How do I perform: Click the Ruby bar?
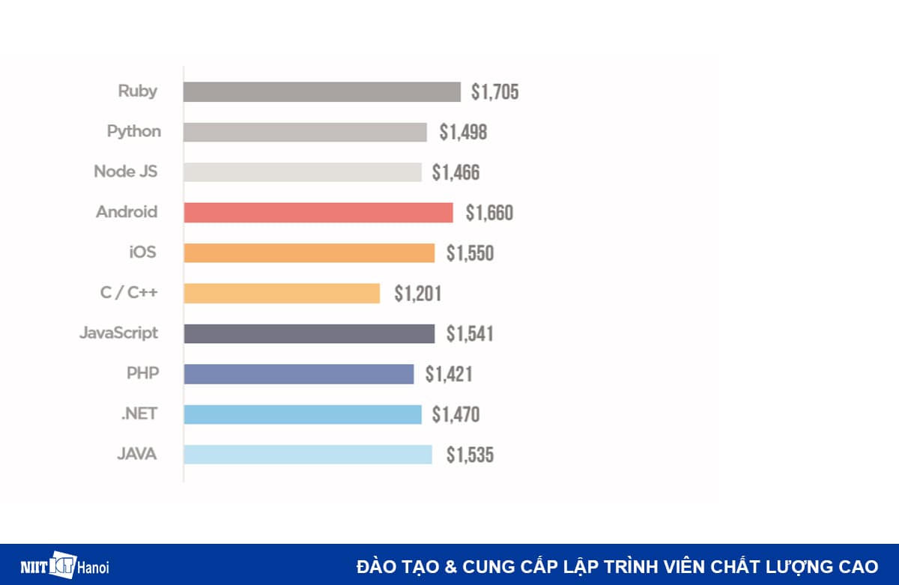[322, 91]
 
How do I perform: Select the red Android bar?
[318, 213]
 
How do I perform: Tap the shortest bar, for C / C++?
[282, 293]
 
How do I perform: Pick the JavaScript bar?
[309, 333]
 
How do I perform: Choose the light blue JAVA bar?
[308, 455]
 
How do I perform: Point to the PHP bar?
[298, 374]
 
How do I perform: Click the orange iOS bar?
[309, 253]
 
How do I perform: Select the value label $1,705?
[494, 92]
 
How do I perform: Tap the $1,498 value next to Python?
[463, 133]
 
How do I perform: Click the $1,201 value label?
[417, 294]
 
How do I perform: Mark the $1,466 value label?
[455, 173]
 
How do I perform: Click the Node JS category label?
[125, 172]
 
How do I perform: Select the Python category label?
[133, 132]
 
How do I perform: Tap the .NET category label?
[139, 413]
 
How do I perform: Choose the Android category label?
[127, 212]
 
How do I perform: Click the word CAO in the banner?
[859, 566]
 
